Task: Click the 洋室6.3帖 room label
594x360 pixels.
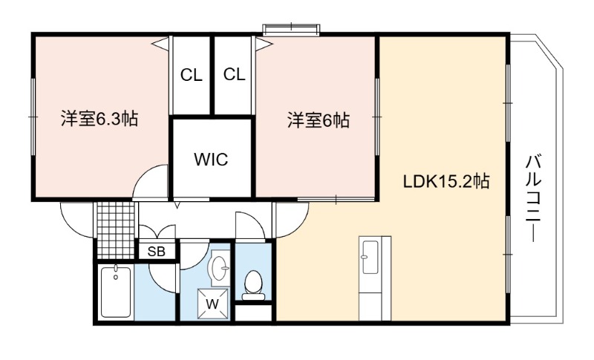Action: (x=99, y=119)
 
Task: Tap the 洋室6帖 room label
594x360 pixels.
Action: (x=319, y=120)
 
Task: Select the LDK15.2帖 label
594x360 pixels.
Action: (x=446, y=182)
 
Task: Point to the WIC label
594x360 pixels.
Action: (x=211, y=160)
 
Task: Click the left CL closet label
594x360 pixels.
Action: (x=192, y=75)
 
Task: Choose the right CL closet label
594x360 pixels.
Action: (x=234, y=74)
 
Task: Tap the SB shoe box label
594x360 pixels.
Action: (x=157, y=252)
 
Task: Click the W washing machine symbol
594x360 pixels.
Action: (x=213, y=304)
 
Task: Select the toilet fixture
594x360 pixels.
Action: (x=253, y=282)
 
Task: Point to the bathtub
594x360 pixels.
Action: (x=116, y=292)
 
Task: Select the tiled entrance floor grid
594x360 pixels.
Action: (x=116, y=230)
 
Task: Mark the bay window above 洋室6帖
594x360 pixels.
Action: (x=292, y=30)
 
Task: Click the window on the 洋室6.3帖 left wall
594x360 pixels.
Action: (x=33, y=117)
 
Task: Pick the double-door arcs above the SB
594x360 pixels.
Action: (x=157, y=230)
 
